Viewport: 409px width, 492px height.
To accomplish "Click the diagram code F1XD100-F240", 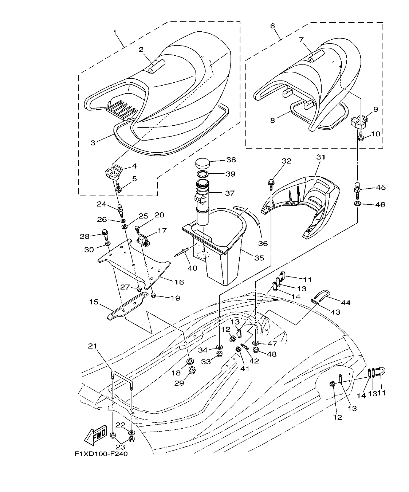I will [101, 454].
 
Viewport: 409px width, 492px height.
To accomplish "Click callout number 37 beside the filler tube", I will [229, 193].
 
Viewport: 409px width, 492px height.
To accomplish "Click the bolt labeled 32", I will [271, 183].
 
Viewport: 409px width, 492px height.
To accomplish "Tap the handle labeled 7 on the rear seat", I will [316, 57].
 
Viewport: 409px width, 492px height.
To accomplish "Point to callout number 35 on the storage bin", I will [259, 258].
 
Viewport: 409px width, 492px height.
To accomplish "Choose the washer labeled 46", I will [357, 202].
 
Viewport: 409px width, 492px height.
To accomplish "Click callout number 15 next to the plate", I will [94, 302].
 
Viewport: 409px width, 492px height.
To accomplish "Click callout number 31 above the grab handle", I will [320, 157].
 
